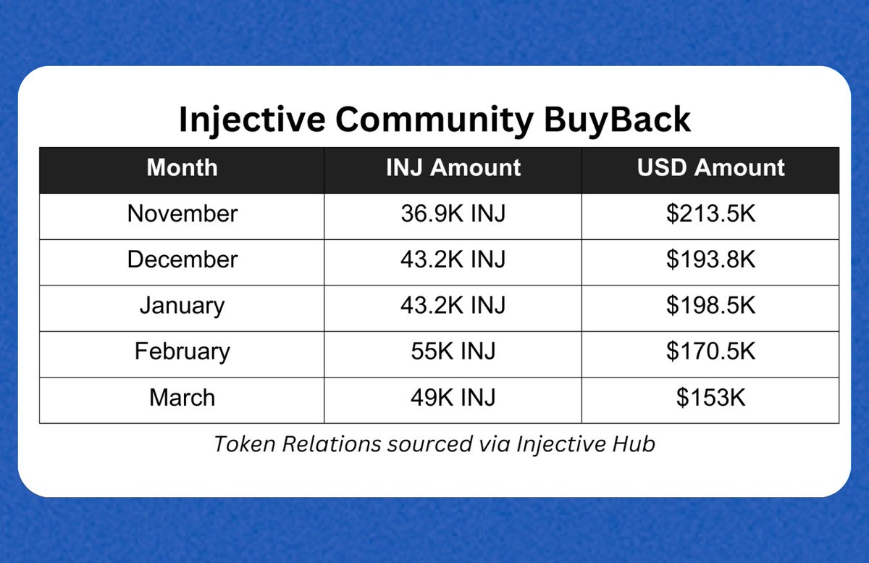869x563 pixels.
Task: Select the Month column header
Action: [182, 167]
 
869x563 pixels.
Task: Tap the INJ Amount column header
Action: [453, 167]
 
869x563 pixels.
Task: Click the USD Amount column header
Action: [710, 167]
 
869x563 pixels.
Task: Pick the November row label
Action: [182, 214]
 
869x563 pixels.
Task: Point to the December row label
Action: [182, 259]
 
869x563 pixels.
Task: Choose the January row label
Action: [182, 305]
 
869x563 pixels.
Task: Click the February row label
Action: [182, 351]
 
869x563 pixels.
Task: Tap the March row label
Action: [182, 397]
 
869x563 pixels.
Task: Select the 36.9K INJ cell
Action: [453, 214]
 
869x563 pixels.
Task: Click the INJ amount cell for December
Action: [453, 259]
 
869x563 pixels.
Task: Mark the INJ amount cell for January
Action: [453, 305]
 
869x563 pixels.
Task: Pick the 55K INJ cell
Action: [453, 351]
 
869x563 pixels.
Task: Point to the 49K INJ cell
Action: [453, 397]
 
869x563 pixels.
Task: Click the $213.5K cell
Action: [710, 214]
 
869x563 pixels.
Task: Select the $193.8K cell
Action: [710, 259]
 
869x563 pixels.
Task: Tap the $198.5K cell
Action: [710, 305]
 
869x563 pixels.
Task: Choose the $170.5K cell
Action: [710, 351]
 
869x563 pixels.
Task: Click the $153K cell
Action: [710, 397]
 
